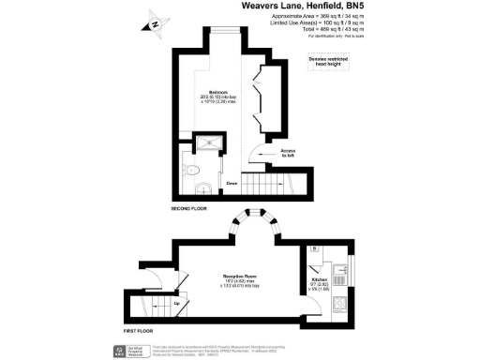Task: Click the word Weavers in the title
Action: coord(263,7)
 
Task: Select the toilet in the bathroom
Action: coord(188,170)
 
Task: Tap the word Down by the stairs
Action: coord(230,184)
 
